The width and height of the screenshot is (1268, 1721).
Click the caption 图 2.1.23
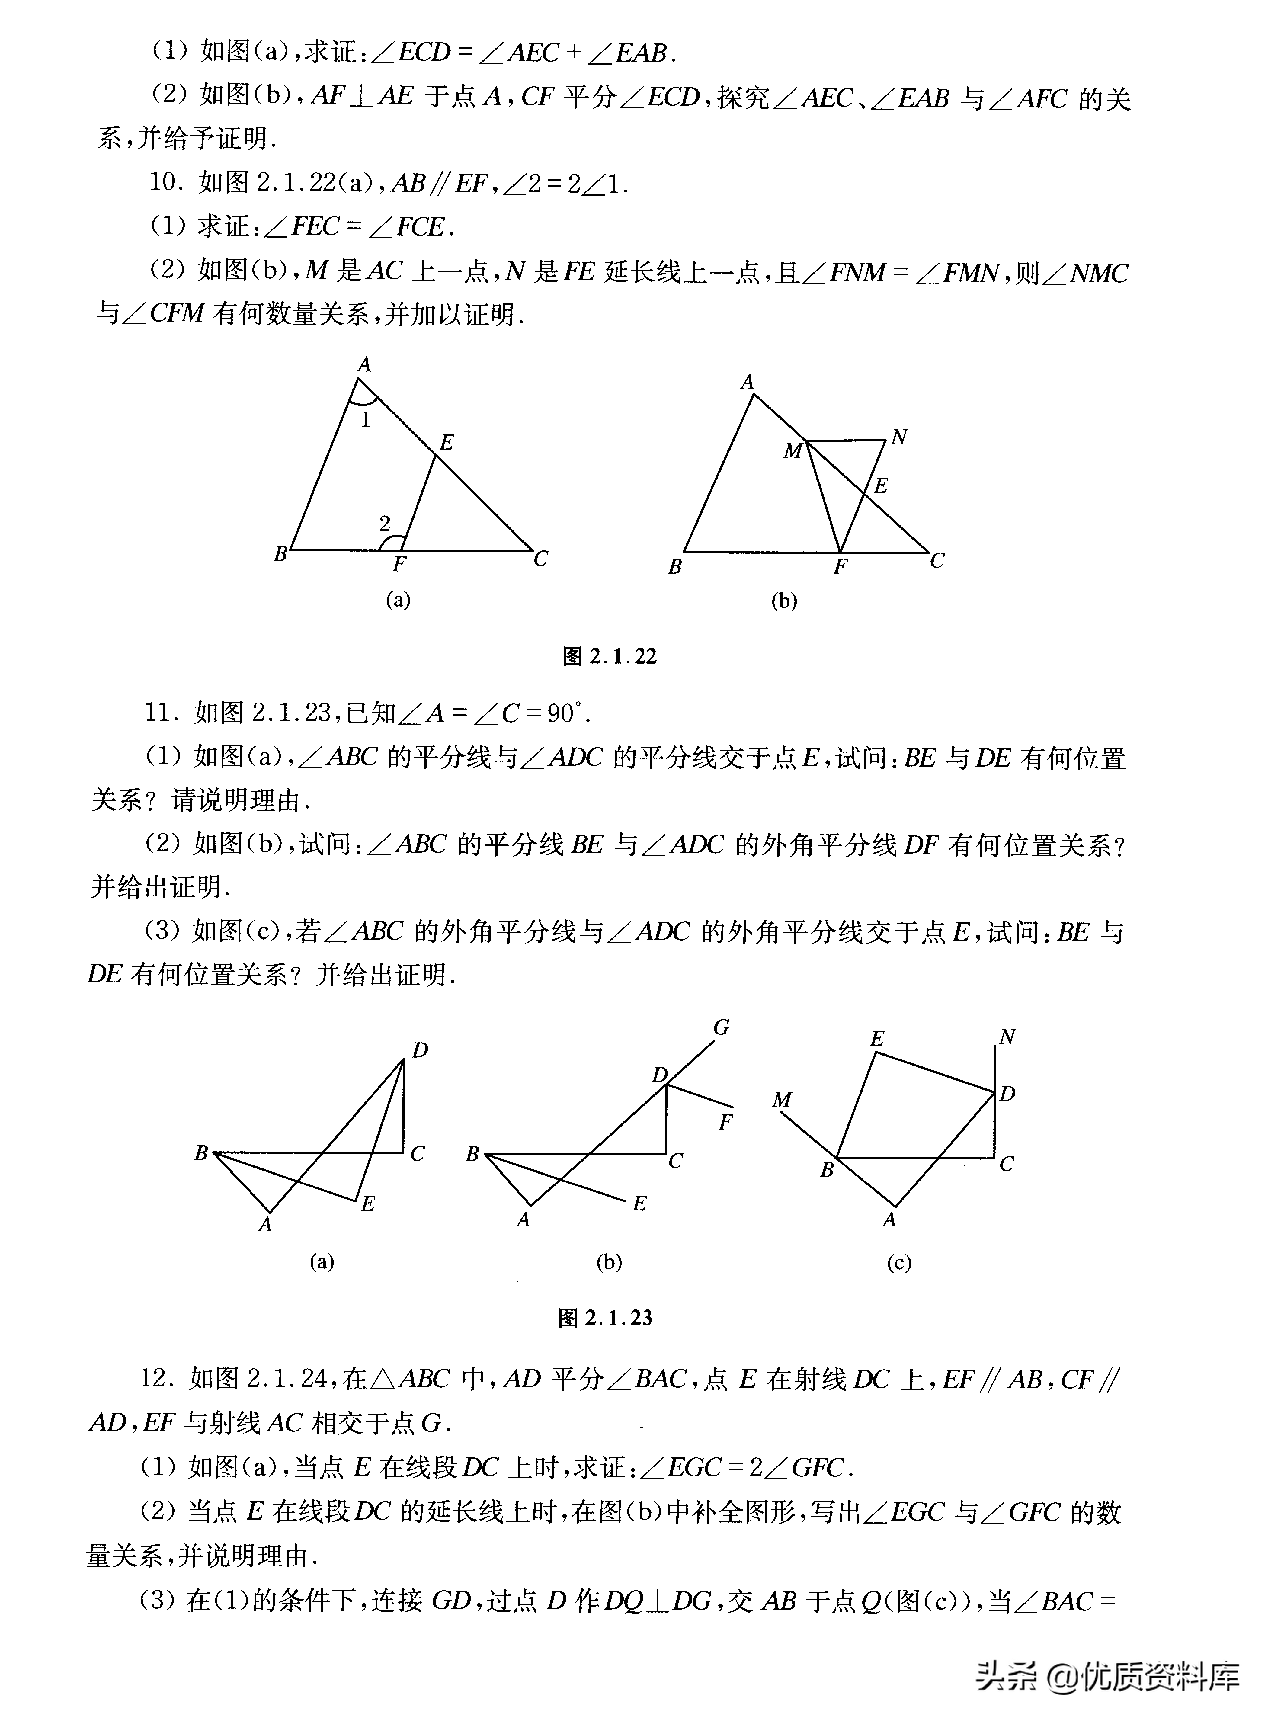606,1318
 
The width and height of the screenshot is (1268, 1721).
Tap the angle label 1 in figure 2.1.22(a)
365,420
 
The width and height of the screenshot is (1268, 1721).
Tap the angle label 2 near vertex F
385,524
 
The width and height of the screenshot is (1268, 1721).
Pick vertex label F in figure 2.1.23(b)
725,1122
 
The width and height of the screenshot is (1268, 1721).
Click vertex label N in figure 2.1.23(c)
1007,1037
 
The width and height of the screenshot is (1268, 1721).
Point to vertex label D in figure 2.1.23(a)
420,1050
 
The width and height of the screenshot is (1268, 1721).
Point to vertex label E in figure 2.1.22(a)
446,442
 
